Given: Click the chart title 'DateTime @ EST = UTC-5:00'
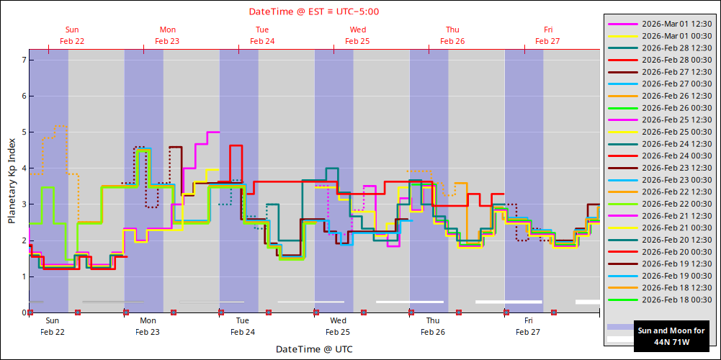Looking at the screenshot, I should coord(314,12).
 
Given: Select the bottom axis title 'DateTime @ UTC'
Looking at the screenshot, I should coord(314,349).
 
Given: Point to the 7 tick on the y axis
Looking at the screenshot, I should coord(23,60).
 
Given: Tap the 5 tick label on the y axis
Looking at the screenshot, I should coord(23,132).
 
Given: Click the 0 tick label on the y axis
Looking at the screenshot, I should coord(23,312).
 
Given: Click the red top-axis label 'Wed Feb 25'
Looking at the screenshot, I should coord(357,35).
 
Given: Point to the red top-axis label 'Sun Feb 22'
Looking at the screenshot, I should coord(72,35).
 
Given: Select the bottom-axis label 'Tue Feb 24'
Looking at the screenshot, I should coord(243,326).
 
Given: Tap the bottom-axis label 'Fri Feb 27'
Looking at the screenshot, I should coord(528,326).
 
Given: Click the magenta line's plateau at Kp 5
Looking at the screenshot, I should coord(213,132).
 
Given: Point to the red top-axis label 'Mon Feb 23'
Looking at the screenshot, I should coord(167,35).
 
